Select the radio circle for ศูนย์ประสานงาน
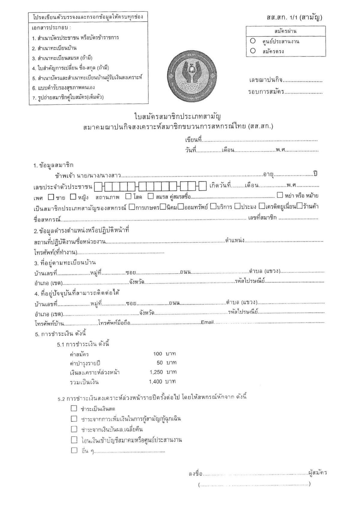pyautogui.click(x=253, y=41)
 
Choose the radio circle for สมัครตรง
pyautogui.click(x=253, y=51)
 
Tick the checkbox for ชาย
pyautogui.click(x=51, y=197)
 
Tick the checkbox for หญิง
pyautogui.click(x=73, y=197)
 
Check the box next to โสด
pyautogui.click(x=128, y=196)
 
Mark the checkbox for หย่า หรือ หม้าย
pyautogui.click(x=280, y=195)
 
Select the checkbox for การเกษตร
pyautogui.click(x=131, y=207)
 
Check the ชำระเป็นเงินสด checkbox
pyautogui.click(x=74, y=408)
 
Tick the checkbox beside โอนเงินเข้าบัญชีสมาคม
pyautogui.click(x=74, y=440)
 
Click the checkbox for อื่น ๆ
pyautogui.click(x=74, y=450)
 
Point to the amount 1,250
pyautogui.click(x=156, y=372)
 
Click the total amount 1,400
pyautogui.click(x=155, y=382)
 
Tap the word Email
pyautogui.click(x=207, y=322)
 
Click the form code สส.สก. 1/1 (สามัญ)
pyautogui.click(x=294, y=18)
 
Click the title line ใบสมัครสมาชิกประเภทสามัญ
pyautogui.click(x=178, y=116)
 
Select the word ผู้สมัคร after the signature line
pyautogui.click(x=317, y=473)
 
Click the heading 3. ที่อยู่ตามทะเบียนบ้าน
pyautogui.click(x=65, y=263)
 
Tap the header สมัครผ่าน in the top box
pyautogui.click(x=285, y=31)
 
